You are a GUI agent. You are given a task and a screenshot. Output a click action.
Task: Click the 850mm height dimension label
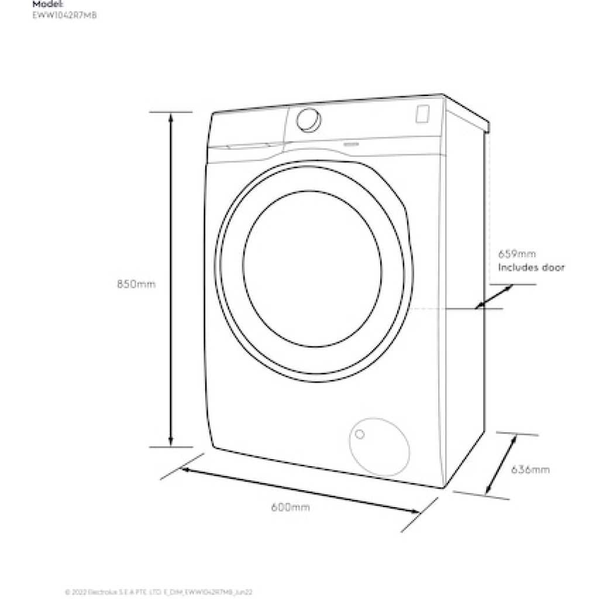tap(136, 284)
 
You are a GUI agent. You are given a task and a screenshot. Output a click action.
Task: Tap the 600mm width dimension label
tap(290, 507)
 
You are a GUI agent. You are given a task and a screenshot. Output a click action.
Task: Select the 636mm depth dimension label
tap(530, 469)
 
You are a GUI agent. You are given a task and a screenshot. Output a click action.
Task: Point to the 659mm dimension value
tap(517, 254)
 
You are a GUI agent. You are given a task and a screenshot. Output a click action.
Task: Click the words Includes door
tap(531, 268)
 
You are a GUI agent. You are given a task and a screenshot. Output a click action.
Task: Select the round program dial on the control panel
tap(308, 119)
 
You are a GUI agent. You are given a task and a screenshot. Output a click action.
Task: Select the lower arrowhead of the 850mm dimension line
tap(171, 442)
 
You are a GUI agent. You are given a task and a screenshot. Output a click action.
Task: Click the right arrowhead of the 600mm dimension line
tap(416, 511)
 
